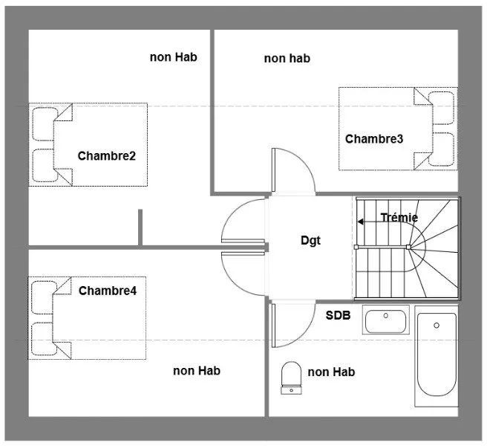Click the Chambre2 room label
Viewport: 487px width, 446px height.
pos(107,156)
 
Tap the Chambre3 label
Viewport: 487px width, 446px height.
pos(374,139)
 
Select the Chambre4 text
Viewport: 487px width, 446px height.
pos(108,291)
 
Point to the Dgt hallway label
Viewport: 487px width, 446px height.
pos(310,240)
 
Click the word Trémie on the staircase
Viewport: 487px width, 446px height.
pos(399,217)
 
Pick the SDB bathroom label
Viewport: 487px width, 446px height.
pos(338,315)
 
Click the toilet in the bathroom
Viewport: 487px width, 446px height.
pos(291,378)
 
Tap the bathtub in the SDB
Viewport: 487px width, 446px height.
pos(437,355)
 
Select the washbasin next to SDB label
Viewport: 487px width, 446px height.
pos(385,320)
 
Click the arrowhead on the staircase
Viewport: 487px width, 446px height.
pos(360,222)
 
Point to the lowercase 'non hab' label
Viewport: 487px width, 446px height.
pos(287,58)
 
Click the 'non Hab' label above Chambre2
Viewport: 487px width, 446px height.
pos(173,57)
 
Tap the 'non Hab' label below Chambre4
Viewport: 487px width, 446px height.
pos(197,370)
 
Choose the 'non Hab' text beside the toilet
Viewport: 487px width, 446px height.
pos(331,372)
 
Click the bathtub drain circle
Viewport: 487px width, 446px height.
pos(437,326)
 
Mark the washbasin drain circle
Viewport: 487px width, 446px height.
pos(386,315)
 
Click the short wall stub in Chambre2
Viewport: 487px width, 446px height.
pos(140,227)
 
